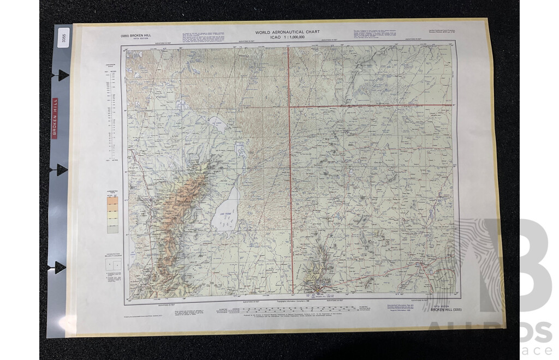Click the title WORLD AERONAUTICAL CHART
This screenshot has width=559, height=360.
tap(288, 33)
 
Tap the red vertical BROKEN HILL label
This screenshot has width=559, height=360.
tap(54, 117)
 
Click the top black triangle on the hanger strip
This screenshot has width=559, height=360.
tap(63, 75)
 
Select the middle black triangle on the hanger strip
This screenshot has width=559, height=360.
tap(61, 170)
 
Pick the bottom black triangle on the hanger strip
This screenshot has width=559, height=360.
tap(59, 267)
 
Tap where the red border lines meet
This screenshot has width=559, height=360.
tap(289, 107)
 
